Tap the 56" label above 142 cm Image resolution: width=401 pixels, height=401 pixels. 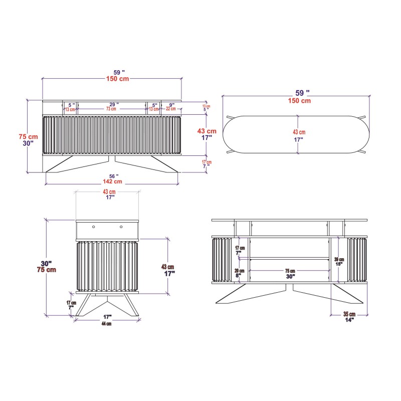114,176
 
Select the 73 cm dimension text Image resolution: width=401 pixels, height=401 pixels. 111,109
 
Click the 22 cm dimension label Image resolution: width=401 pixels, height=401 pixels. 171,109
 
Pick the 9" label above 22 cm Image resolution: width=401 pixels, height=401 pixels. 171,105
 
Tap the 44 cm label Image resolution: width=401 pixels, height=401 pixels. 107,323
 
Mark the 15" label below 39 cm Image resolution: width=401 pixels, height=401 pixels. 339,265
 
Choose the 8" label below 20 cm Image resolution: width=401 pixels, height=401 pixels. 239,276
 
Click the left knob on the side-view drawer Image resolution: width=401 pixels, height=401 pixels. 93,228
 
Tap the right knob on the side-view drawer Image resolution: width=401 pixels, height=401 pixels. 121,228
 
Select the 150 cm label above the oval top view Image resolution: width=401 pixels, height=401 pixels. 299,101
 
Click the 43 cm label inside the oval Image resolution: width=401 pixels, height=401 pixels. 299,132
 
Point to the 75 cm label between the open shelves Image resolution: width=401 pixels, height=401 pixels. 290,271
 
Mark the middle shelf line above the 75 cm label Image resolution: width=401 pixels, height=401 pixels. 290,258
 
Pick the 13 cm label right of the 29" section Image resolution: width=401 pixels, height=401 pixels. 154,109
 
